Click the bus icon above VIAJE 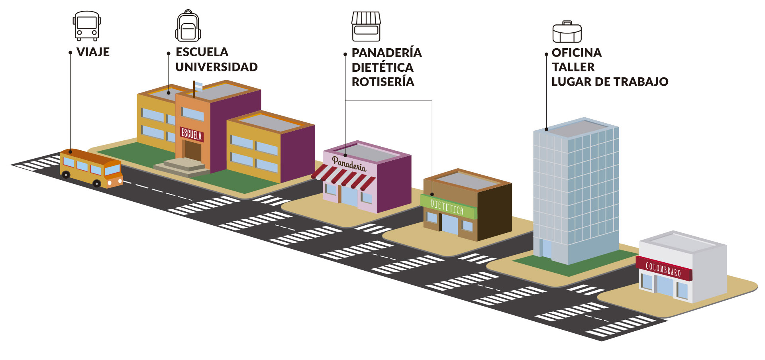86,26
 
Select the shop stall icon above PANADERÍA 366,27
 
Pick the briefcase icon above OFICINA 567,32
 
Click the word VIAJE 93,52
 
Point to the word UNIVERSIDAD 216,67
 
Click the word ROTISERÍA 382,82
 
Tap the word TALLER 573,67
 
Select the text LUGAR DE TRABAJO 610,82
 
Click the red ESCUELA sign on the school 192,134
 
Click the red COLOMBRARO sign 663,270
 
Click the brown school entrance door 193,150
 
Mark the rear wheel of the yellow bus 66,174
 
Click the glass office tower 576,191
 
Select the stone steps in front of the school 182,167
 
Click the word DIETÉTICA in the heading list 382,67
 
